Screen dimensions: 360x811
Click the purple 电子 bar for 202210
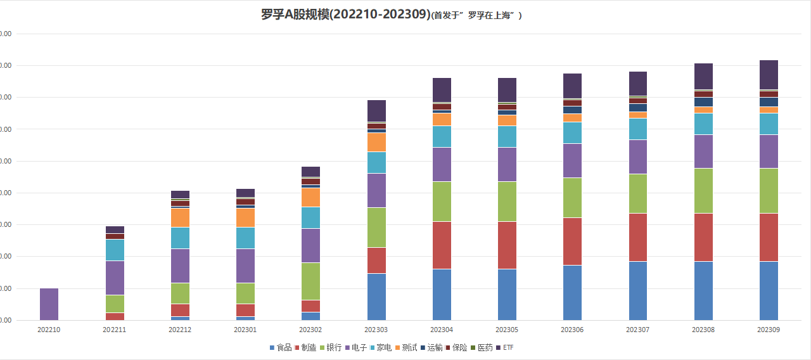(49, 304)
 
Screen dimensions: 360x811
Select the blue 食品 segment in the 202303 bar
(376, 297)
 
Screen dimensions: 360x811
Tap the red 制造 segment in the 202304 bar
(442, 245)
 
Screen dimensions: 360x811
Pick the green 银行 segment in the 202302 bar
(310, 281)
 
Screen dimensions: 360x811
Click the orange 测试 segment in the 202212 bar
(180, 218)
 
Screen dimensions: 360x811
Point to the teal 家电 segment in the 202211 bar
(115, 250)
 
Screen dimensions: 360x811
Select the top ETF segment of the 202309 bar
(769, 75)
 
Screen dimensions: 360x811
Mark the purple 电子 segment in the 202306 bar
(572, 161)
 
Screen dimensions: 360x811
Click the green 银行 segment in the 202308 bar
(703, 191)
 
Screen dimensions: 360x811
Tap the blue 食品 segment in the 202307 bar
(638, 291)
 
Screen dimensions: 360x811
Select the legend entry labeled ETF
(508, 348)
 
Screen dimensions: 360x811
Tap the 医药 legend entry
(485, 348)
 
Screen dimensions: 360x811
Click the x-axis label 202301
(245, 330)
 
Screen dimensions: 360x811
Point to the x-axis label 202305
(507, 330)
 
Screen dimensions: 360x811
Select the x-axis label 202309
(769, 330)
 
